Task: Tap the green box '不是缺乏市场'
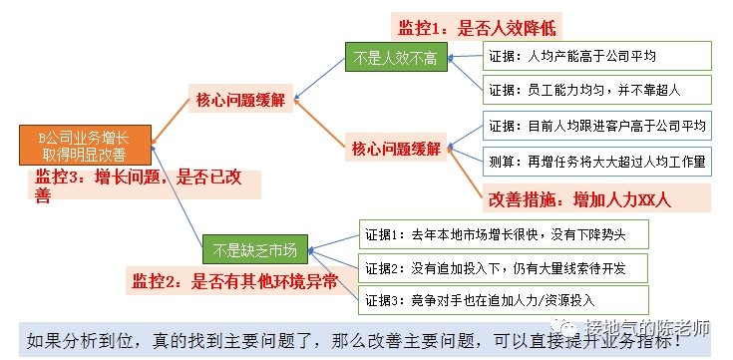click(x=255, y=243)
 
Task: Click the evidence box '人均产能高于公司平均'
click(x=595, y=56)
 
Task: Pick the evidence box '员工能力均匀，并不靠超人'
click(x=595, y=90)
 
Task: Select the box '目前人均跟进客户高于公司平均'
click(x=595, y=127)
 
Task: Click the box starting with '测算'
click(x=595, y=162)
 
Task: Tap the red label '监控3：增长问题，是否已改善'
click(x=140, y=186)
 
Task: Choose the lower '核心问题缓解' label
click(x=397, y=149)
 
